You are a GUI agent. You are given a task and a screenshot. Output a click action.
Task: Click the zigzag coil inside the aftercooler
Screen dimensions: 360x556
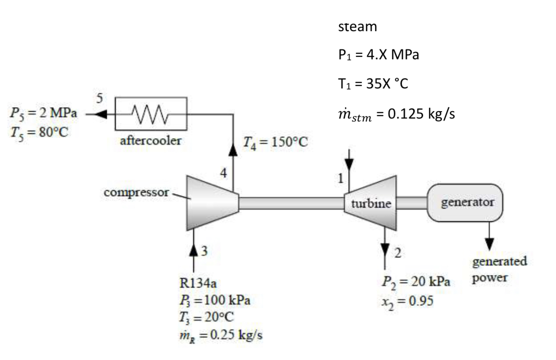[x=151, y=115]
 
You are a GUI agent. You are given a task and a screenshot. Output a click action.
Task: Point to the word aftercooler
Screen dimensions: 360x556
[x=151, y=141]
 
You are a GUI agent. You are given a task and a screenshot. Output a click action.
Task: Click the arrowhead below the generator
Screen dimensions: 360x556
[x=489, y=243]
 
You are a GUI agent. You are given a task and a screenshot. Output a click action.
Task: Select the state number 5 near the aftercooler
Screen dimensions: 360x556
[x=100, y=98]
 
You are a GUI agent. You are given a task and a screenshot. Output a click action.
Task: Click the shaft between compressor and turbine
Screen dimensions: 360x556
[x=292, y=203]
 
